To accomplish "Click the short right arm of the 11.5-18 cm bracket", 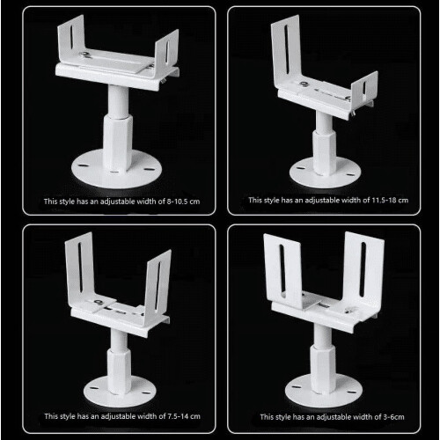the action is click(x=364, y=86).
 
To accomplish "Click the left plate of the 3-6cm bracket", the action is click(x=283, y=270).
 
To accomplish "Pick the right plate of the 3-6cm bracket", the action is click(x=363, y=271).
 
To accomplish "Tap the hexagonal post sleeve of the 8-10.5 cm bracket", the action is click(x=120, y=143).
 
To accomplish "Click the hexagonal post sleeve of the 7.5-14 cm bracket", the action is click(x=119, y=370).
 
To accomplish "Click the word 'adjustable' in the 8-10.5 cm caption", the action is click(x=117, y=202).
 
